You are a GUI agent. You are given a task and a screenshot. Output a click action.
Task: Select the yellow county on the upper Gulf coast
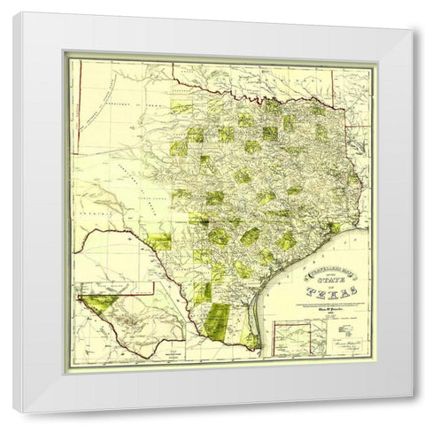click(x=332, y=229)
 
